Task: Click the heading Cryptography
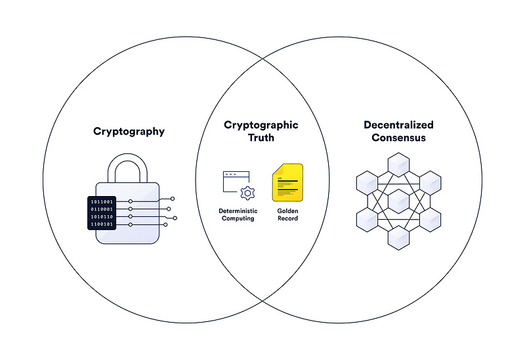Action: coord(129,132)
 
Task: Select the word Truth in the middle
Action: coord(261,138)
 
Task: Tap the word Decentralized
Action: coord(398,125)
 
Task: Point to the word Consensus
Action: coord(398,138)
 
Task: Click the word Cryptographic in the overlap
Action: coord(261,125)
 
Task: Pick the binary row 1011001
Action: coord(102,201)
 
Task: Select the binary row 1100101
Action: coord(102,224)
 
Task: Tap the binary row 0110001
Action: coord(102,209)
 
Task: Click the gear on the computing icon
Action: coord(247,193)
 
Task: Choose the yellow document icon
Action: coord(287,182)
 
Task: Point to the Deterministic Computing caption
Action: coord(238,214)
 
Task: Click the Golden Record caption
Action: coord(287,214)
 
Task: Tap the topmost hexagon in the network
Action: coord(398,164)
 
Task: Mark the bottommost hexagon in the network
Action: coord(398,238)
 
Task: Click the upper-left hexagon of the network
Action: coord(367,182)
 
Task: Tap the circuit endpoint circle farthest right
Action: coord(175,217)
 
